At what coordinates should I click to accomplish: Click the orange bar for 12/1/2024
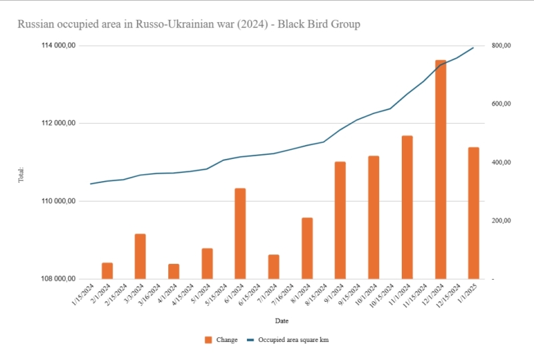click(440, 170)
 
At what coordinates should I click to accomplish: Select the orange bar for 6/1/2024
click(240, 234)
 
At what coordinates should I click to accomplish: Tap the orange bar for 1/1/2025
click(473, 213)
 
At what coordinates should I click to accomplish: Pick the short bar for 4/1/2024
click(174, 271)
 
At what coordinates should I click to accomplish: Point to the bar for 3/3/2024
click(140, 256)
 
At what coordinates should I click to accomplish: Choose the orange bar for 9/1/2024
click(340, 220)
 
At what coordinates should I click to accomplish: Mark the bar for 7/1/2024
click(274, 266)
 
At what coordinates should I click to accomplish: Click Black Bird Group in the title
click(319, 25)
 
